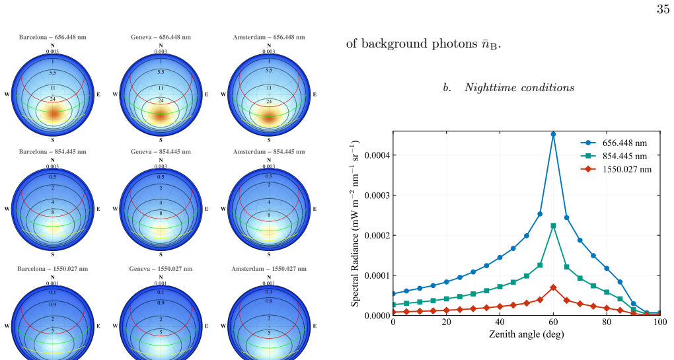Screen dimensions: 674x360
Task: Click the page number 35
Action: click(x=663, y=9)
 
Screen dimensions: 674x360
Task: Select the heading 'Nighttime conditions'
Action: click(x=519, y=88)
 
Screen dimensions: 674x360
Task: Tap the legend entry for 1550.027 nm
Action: click(x=616, y=169)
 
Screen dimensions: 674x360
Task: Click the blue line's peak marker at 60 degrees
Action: click(x=553, y=135)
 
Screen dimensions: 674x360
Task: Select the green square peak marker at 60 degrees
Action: click(x=553, y=226)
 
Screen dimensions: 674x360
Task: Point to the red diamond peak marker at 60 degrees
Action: click(x=553, y=287)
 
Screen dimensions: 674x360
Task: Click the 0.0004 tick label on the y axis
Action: click(x=377, y=155)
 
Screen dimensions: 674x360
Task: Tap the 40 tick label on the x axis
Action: click(x=500, y=322)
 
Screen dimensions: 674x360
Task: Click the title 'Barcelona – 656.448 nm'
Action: click(x=52, y=38)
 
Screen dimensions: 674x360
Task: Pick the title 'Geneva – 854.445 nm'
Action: click(x=161, y=152)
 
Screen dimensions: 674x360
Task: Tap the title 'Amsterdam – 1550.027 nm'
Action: click(x=269, y=269)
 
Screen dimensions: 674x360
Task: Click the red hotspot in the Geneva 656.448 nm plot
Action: click(x=161, y=116)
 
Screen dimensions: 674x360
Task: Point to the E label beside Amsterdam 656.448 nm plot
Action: click(x=315, y=94)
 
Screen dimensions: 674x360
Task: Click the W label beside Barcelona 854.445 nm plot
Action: click(x=7, y=209)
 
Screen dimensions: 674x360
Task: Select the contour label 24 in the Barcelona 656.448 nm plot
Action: click(x=53, y=99)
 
